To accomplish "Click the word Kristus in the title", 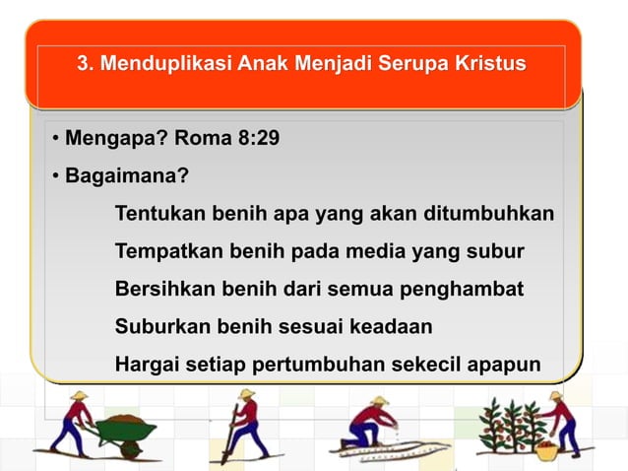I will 489,65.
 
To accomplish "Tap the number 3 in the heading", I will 83,65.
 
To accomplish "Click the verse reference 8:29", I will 254,138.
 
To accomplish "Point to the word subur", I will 497,251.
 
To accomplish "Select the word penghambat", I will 468,290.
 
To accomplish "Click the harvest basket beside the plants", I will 546,450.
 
